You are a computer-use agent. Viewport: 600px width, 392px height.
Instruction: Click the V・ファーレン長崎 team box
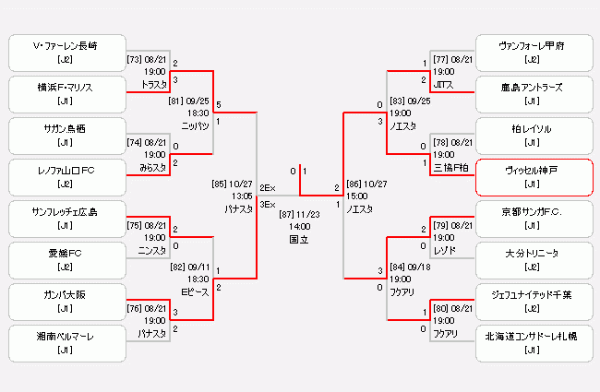point(66,53)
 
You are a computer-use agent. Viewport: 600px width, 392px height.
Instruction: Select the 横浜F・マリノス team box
point(66,94)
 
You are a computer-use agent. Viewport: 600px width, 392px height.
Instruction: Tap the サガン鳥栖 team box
point(66,136)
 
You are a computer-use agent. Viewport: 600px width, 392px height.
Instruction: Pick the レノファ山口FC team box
point(66,177)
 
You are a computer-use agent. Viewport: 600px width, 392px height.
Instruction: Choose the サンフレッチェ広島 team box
point(66,220)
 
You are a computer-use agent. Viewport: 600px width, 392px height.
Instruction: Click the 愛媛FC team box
point(66,260)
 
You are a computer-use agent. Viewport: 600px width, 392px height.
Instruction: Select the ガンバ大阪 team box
point(66,302)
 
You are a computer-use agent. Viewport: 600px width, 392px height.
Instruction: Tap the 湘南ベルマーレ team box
point(66,343)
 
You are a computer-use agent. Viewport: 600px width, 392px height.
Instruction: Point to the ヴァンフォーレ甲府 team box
point(533,53)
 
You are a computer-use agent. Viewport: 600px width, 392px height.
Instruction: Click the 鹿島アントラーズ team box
point(533,94)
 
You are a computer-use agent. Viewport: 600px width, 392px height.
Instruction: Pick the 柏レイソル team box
point(533,136)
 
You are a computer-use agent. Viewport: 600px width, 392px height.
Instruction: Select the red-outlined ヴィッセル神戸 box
point(533,177)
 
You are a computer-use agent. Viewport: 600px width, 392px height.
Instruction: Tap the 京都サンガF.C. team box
point(533,220)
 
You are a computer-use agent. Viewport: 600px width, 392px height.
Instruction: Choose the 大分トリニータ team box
point(533,260)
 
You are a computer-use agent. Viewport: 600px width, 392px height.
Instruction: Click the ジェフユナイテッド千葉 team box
point(533,302)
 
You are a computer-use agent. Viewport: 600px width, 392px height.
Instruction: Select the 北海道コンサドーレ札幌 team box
point(533,343)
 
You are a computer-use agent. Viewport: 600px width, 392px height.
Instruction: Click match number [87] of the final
point(286,213)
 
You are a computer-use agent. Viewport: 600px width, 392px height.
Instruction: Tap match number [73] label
point(134,59)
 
